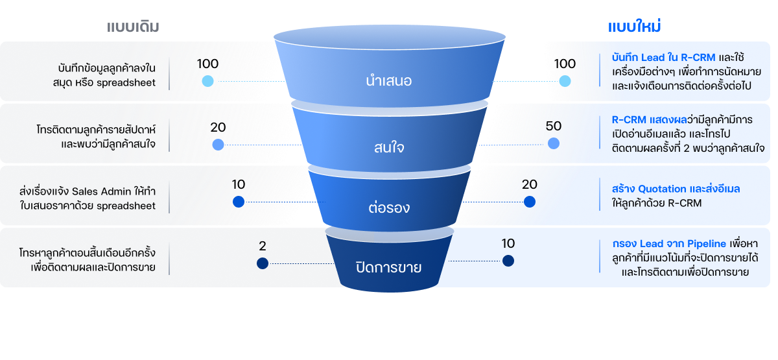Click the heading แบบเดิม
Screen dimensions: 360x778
[134, 27]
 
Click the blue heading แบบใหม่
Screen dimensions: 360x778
[633, 27]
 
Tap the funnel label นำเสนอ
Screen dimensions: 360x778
[388, 82]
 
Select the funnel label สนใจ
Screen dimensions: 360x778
[388, 147]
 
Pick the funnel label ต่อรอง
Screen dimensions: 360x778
[388, 209]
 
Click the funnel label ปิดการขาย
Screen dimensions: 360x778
[388, 267]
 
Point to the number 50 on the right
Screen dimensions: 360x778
[553, 126]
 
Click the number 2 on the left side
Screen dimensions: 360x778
[262, 246]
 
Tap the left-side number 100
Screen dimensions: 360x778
[207, 64]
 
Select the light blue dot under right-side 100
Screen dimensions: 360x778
[565, 81]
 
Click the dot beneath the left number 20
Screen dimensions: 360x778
[218, 144]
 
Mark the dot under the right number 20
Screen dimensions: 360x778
[530, 202]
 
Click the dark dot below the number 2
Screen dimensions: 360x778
[262, 263]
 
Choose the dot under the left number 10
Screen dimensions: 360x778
[238, 202]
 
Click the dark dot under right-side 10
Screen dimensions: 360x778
[508, 261]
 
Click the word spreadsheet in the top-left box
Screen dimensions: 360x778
[126, 83]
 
